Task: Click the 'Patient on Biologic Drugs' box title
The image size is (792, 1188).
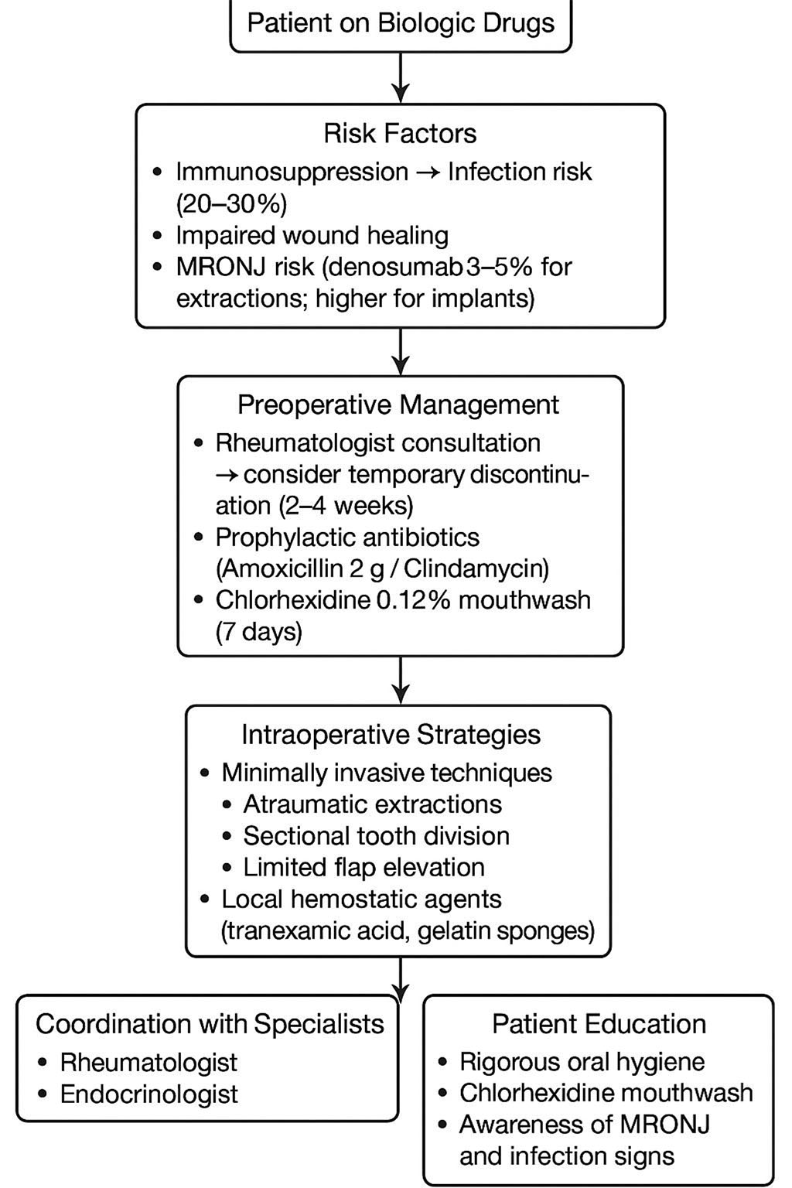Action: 401,22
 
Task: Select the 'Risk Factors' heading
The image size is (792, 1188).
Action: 400,133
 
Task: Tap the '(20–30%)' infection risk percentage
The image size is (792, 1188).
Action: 231,203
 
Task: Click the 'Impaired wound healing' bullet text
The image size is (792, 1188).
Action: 312,235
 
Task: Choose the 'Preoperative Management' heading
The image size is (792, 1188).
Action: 398,405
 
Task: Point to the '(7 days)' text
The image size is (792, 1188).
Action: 258,632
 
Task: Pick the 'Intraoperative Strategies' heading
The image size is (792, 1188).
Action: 391,734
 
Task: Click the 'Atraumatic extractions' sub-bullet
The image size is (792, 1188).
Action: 372,804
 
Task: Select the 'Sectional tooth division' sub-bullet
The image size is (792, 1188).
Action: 376,836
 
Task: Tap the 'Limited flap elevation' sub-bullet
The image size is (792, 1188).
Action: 364,868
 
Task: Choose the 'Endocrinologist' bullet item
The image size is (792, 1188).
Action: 149,1094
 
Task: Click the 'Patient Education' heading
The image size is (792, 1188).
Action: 599,1024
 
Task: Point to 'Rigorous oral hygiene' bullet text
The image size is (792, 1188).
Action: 582,1062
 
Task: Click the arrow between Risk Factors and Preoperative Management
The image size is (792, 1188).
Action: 400,351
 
